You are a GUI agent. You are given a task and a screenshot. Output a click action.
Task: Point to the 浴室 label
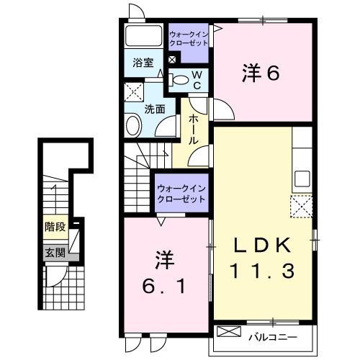tap(142, 63)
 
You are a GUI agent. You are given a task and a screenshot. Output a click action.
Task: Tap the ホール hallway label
tap(194, 130)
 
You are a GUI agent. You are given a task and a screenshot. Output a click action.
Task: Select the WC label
tap(195, 80)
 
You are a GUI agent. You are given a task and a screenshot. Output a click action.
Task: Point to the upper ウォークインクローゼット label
tap(189, 38)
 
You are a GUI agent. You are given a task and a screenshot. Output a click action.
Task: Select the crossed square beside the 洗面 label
tap(133, 91)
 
